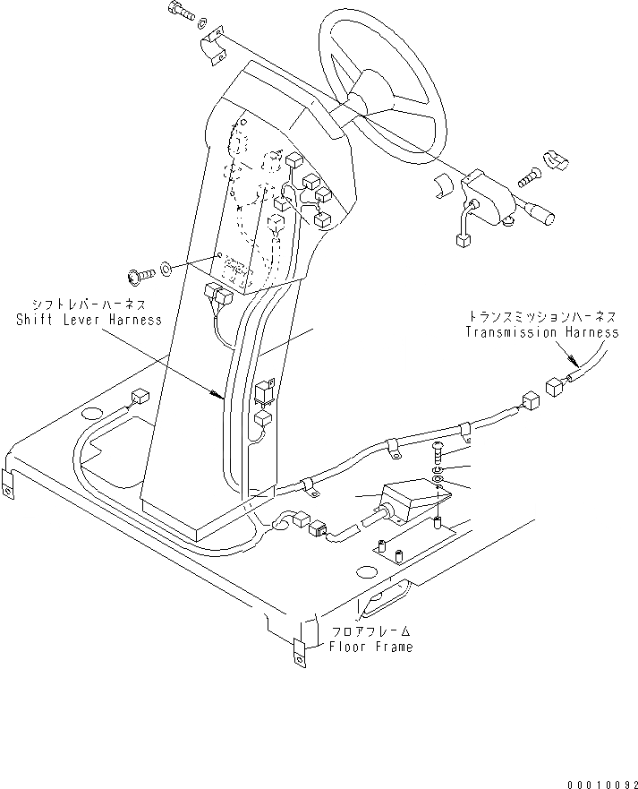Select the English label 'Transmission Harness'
point(541,331)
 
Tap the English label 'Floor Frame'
point(370,647)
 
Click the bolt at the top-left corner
point(179,13)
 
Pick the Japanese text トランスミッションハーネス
point(542,317)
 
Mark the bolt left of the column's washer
point(140,270)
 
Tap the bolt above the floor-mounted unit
point(436,452)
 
